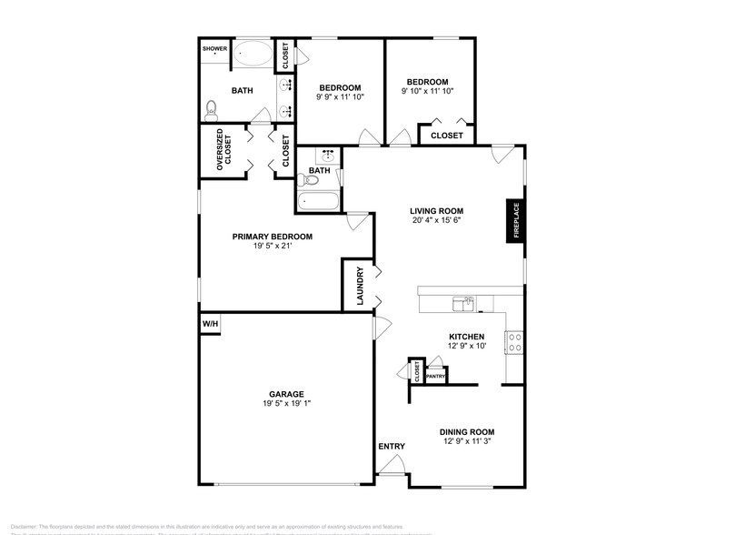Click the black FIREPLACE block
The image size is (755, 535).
tap(514, 221)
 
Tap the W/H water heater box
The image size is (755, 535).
tap(210, 323)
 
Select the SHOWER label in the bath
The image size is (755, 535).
tap(214, 49)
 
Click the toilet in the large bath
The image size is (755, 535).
tap(212, 110)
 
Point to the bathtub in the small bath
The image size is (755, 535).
tap(318, 202)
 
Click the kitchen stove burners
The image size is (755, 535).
tap(513, 343)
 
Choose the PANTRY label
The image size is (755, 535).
tap(436, 376)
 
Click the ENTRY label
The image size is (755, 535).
tap(392, 446)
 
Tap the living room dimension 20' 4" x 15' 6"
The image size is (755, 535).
tap(437, 220)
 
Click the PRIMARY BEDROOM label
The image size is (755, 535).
tap(272, 237)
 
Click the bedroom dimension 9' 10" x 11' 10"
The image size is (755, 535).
tap(427, 91)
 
